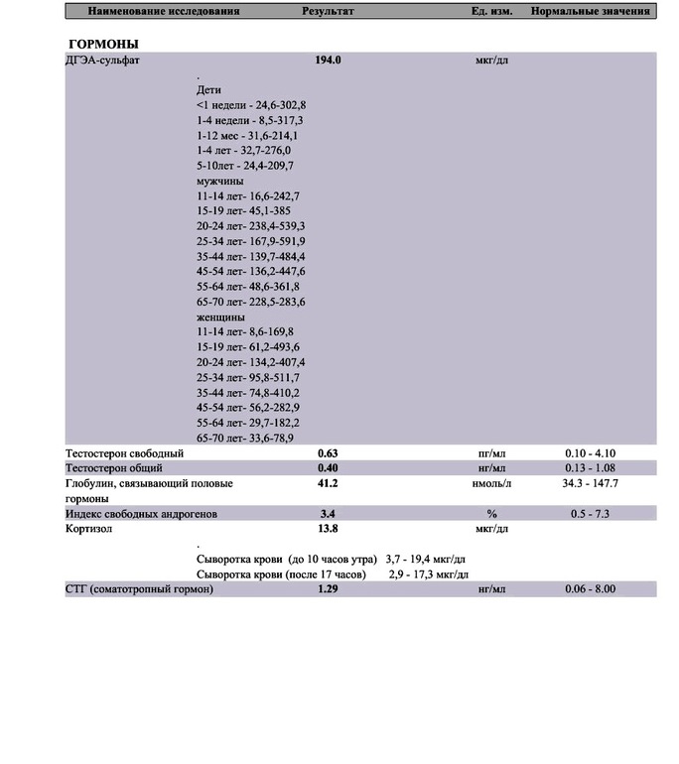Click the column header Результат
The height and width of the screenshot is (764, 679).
pyautogui.click(x=328, y=12)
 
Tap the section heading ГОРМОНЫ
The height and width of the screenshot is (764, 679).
pyautogui.click(x=103, y=45)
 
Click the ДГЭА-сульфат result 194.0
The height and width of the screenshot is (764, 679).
pyautogui.click(x=328, y=61)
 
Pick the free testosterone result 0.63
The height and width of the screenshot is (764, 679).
pyautogui.click(x=328, y=452)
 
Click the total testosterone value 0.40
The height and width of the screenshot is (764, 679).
pyautogui.click(x=328, y=467)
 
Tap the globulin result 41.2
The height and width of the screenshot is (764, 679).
pyautogui.click(x=328, y=483)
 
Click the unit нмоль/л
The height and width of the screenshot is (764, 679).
pyautogui.click(x=491, y=483)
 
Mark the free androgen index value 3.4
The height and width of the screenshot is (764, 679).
pyautogui.click(x=328, y=513)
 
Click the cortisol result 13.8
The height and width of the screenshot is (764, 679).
pyautogui.click(x=328, y=529)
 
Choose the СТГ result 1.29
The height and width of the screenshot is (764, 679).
pyautogui.click(x=328, y=589)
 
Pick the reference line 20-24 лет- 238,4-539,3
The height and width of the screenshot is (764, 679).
pyautogui.click(x=250, y=226)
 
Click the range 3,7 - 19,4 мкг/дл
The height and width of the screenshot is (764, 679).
pyautogui.click(x=426, y=560)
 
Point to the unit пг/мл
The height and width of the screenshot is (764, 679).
pyautogui.click(x=491, y=452)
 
